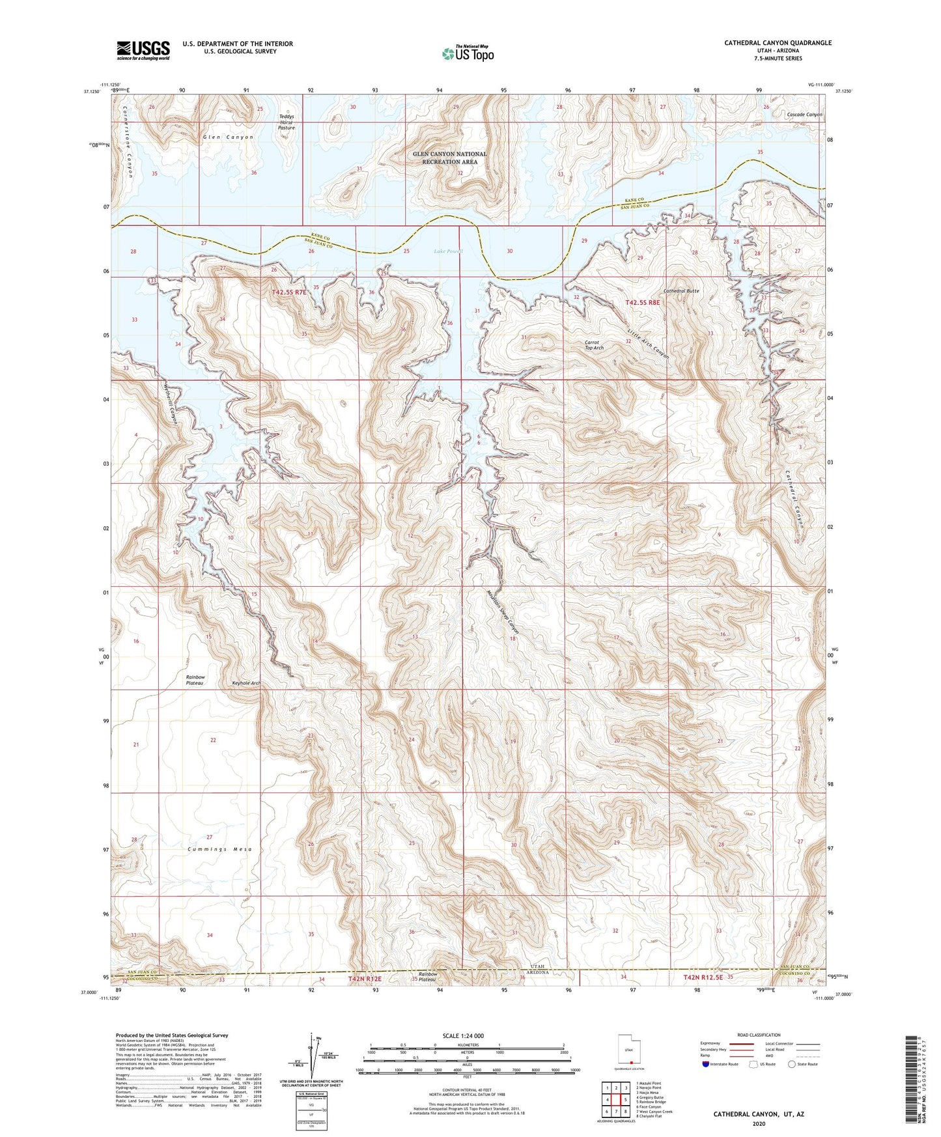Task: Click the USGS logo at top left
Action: [143, 50]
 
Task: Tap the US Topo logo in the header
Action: [468, 53]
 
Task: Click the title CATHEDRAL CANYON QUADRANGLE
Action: [778, 43]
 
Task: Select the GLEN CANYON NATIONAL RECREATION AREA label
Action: [449, 158]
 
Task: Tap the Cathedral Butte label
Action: [681, 291]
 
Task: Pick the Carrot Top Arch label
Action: [593, 345]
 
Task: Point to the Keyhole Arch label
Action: [246, 683]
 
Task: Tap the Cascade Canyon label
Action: [804, 115]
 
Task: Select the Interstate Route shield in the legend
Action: [706, 1064]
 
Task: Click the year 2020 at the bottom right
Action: [759, 1123]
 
